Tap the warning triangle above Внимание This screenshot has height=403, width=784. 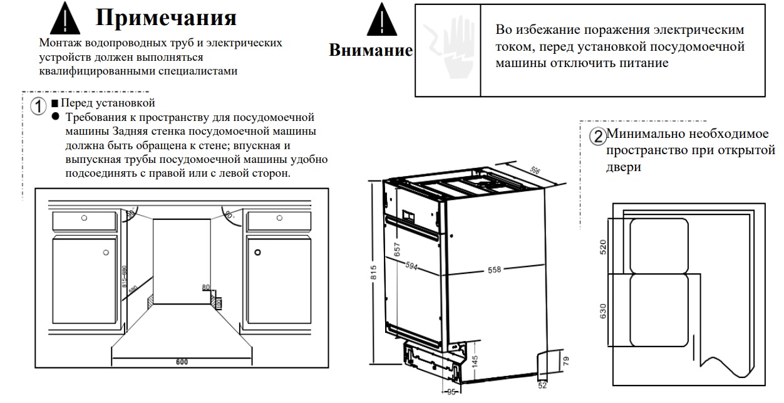(x=379, y=23)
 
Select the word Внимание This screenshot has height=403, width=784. (x=371, y=51)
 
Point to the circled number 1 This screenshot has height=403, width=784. (x=39, y=105)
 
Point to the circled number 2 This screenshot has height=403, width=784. (x=599, y=137)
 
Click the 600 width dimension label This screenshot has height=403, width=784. (x=182, y=362)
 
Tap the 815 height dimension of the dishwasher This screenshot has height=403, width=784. (x=373, y=271)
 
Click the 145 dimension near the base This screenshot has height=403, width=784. (x=474, y=362)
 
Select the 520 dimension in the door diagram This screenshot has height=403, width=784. (x=604, y=246)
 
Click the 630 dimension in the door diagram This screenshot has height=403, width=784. (x=604, y=311)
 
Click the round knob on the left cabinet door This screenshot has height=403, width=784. (x=105, y=252)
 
